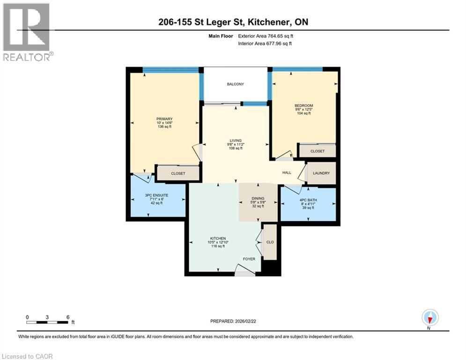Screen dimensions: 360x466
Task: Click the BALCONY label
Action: click(x=235, y=84)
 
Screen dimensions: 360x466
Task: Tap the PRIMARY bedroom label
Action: click(x=164, y=119)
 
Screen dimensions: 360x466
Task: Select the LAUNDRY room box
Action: click(x=321, y=173)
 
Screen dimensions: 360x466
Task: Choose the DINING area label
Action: click(x=258, y=198)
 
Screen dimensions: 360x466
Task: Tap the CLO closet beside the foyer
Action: click(x=270, y=242)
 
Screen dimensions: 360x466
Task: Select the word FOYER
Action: click(x=249, y=259)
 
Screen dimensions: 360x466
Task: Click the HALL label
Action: click(x=287, y=172)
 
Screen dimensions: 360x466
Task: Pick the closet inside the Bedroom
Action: click(x=318, y=151)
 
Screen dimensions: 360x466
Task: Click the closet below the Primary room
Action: click(x=178, y=173)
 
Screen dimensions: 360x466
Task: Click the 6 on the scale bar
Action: click(x=68, y=317)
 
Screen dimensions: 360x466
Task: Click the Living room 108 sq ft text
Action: click(x=235, y=149)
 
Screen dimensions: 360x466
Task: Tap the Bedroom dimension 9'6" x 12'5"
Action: click(x=304, y=110)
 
